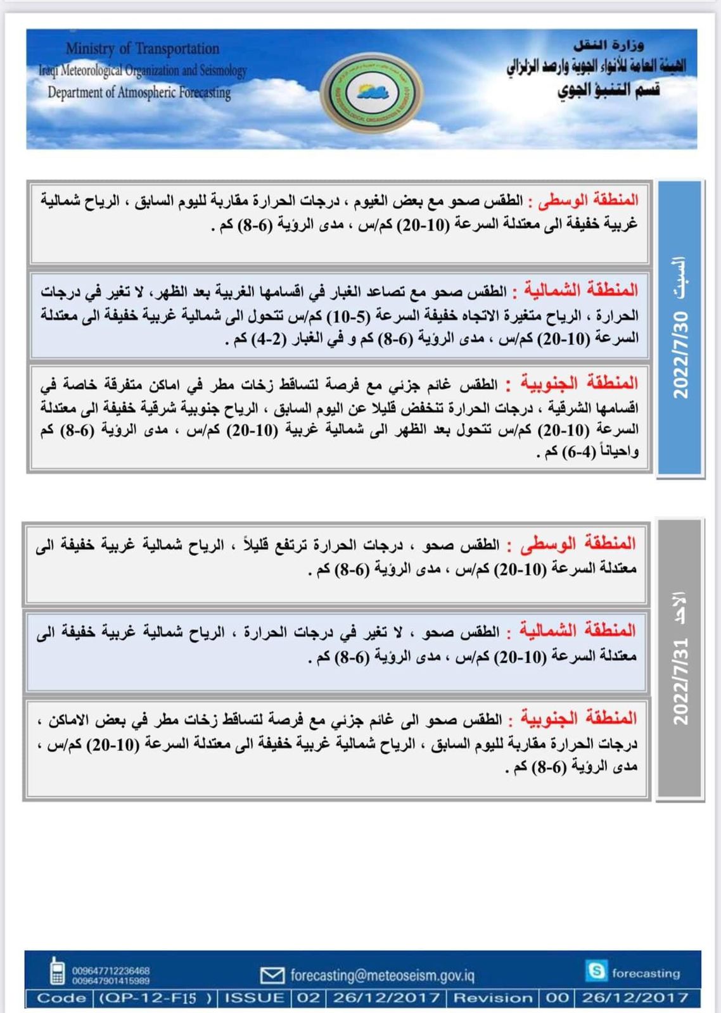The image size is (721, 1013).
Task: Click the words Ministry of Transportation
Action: (x=142, y=49)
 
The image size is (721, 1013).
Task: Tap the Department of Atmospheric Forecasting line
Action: (x=139, y=92)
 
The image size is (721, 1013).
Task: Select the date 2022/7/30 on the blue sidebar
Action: (x=680, y=355)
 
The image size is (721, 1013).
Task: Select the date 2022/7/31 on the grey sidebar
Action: (x=680, y=681)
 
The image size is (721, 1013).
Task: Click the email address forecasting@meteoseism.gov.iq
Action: (x=382, y=975)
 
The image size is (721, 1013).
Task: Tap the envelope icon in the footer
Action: (x=272, y=975)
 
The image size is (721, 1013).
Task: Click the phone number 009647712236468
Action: (x=111, y=971)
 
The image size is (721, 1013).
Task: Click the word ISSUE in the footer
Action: (x=255, y=998)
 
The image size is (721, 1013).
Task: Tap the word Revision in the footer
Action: (x=493, y=998)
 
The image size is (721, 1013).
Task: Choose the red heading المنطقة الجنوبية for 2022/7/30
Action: (x=579, y=383)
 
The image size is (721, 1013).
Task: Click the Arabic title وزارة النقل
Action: (x=608, y=45)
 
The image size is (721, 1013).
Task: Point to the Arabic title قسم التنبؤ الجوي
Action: (x=608, y=90)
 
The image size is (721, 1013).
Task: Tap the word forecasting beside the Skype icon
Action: (x=646, y=973)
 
